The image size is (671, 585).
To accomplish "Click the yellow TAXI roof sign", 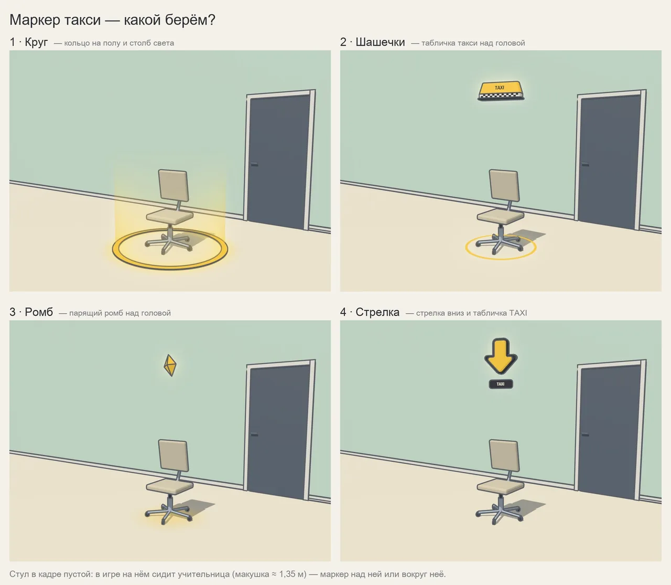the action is [500, 91].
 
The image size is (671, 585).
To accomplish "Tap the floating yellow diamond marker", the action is [170, 365].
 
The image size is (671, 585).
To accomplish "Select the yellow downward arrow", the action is [501, 356].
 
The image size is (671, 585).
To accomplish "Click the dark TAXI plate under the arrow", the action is [501, 384].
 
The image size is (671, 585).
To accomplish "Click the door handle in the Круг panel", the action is [254, 164].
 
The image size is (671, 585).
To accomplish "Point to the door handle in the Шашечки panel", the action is [585, 164].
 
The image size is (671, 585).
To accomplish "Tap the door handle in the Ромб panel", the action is [254, 434].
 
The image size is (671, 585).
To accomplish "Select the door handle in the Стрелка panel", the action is [585, 434].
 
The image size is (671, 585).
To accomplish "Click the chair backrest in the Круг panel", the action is [174, 185].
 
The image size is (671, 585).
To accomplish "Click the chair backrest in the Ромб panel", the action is [174, 456].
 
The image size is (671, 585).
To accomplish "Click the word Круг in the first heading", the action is [36, 42].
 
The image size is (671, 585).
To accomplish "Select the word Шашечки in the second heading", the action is [380, 42].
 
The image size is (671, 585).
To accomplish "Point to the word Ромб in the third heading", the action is [39, 312].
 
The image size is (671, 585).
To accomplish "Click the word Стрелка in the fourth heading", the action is [377, 312].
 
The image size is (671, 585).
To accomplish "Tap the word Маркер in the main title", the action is [35, 20].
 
